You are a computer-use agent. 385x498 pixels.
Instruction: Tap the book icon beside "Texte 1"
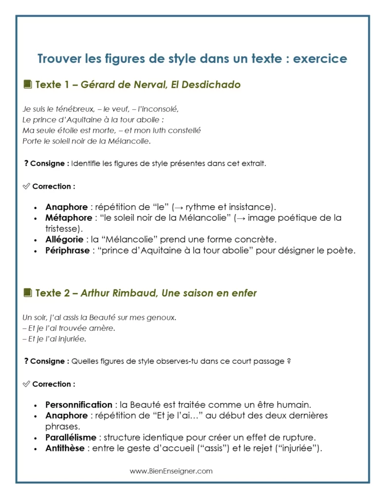(28, 85)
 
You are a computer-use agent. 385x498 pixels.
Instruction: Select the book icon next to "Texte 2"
(28, 293)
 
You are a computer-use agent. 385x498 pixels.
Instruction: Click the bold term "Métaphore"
(68, 218)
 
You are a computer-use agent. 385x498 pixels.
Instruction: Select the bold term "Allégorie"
(65, 240)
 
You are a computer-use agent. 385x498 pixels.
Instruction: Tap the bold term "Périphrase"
(68, 250)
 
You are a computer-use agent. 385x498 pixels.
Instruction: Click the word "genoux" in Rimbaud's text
(163, 318)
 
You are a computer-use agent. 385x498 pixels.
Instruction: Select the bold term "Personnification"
(79, 405)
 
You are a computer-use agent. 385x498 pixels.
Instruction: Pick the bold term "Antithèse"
(65, 448)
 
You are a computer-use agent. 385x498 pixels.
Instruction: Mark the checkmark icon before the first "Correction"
(26, 186)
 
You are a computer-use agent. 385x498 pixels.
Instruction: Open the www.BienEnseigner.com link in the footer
(171, 471)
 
